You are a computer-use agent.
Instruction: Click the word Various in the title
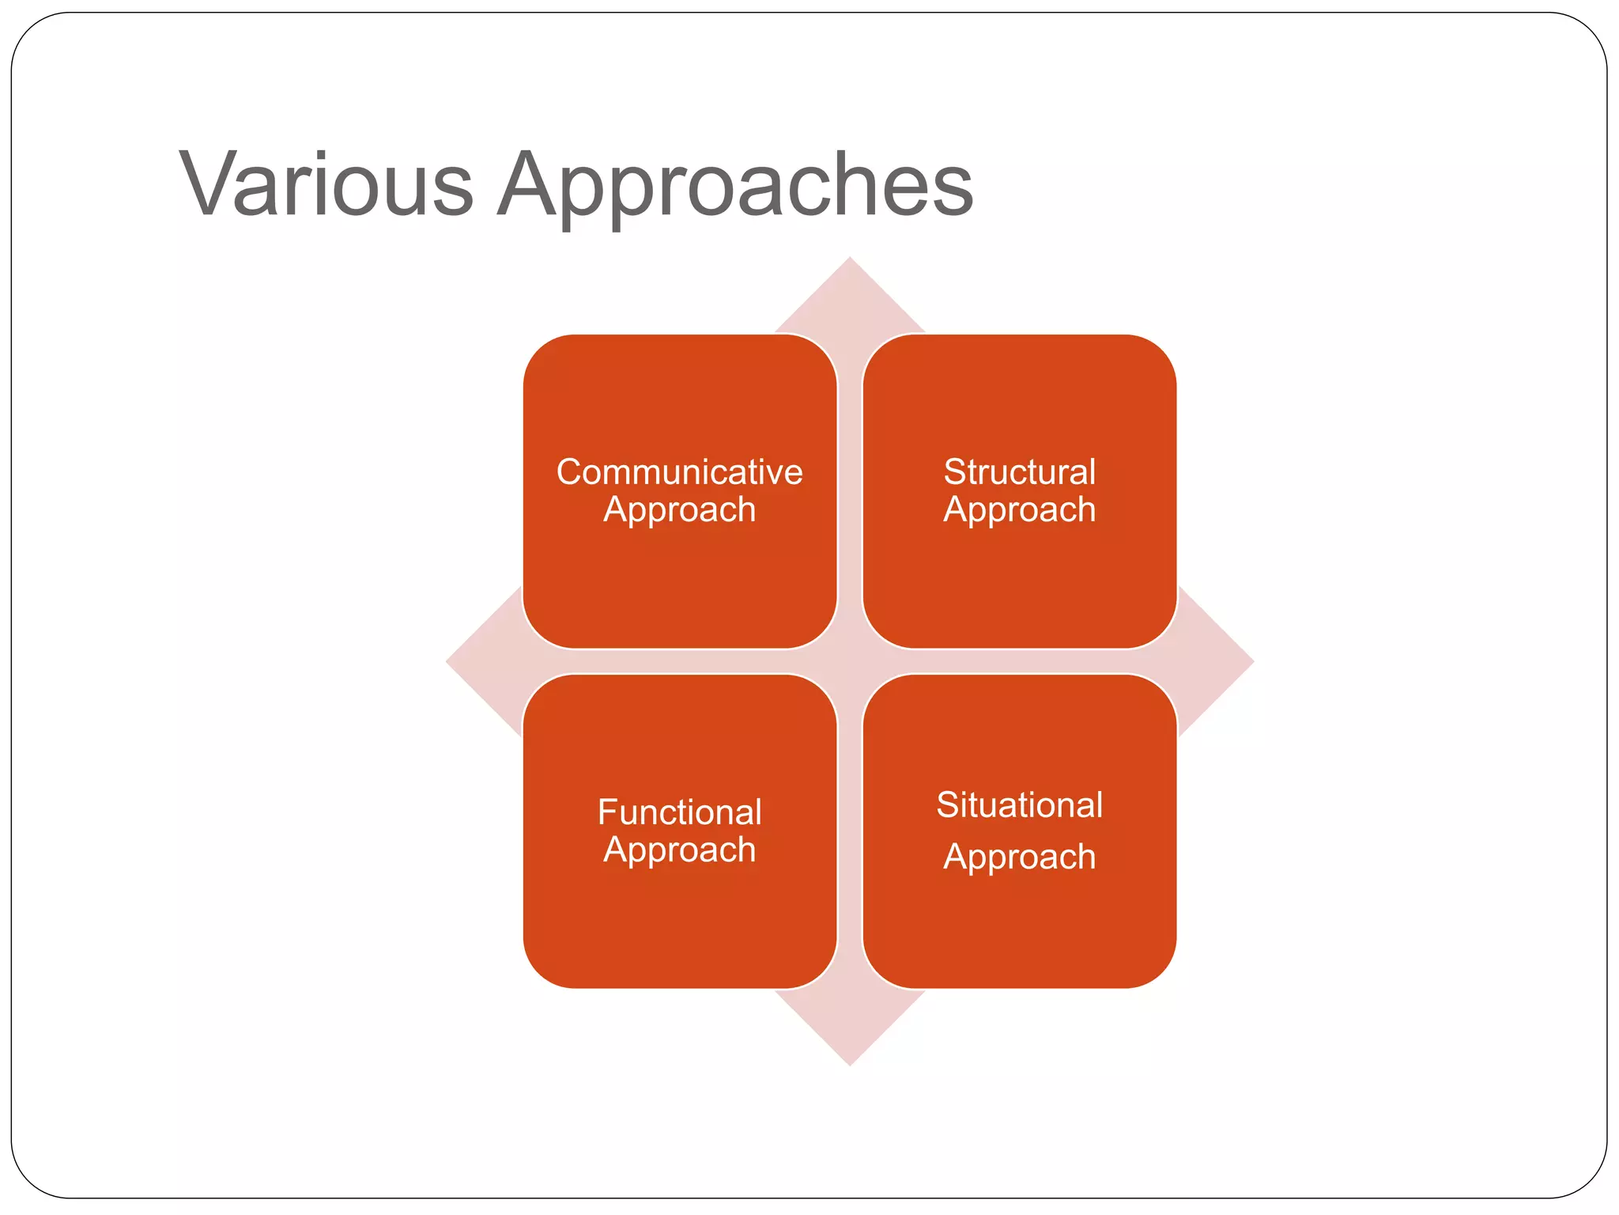click(x=326, y=184)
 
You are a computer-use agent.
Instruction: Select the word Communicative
click(x=679, y=472)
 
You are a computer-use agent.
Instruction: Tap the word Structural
click(x=1019, y=472)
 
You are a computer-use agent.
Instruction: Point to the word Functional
click(x=679, y=812)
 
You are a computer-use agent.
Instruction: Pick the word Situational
click(x=1019, y=805)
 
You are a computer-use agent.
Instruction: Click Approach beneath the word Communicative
click(x=679, y=510)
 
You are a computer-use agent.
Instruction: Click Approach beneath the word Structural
click(x=1019, y=510)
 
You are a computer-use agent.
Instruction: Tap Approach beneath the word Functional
click(x=679, y=850)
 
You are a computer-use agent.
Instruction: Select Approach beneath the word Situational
click(x=1019, y=857)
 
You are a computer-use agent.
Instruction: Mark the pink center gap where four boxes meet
click(x=850, y=661)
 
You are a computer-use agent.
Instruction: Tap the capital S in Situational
click(x=947, y=805)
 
